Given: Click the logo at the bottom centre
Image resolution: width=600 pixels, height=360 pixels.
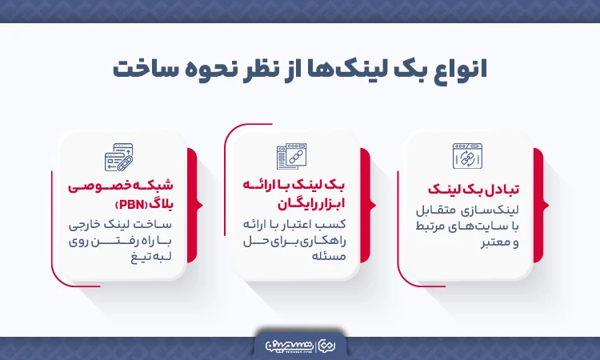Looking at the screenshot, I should [x=300, y=344].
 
